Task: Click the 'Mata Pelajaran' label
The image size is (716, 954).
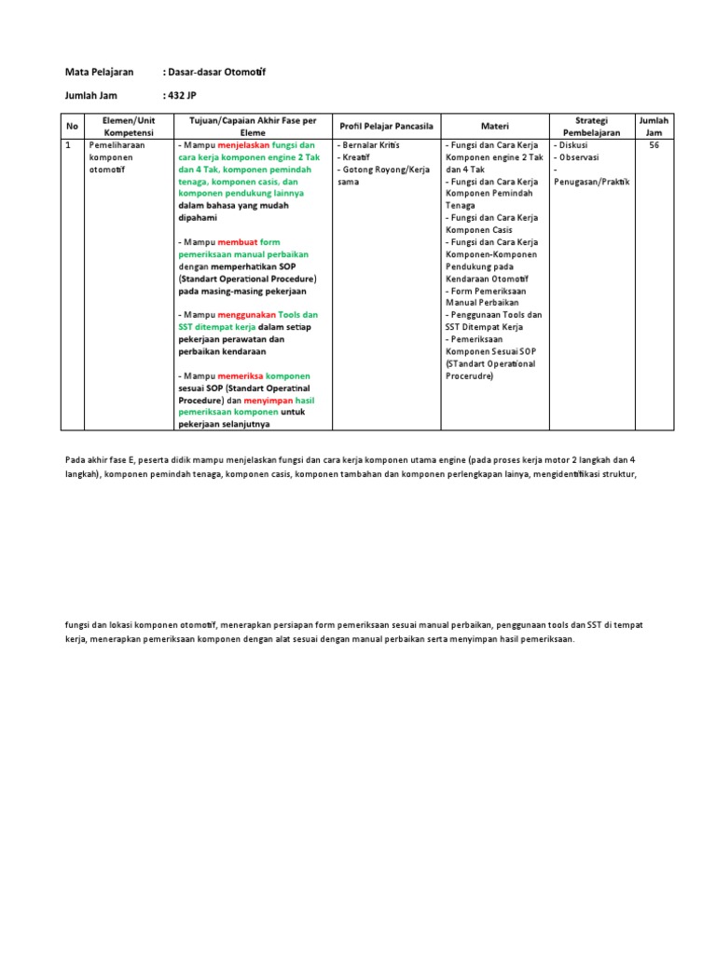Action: (99, 72)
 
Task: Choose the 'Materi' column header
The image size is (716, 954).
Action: (494, 126)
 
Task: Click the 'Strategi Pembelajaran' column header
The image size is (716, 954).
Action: (591, 126)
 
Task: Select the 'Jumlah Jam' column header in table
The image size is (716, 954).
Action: (653, 126)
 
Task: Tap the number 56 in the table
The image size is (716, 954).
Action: (653, 146)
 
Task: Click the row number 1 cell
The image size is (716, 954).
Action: (68, 146)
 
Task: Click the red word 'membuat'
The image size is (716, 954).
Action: (237, 242)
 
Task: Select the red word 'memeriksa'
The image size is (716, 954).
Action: (241, 375)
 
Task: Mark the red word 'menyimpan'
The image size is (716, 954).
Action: (267, 400)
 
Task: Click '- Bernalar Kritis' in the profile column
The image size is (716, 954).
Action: (370, 146)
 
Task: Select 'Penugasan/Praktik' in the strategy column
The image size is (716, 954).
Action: (591, 182)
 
